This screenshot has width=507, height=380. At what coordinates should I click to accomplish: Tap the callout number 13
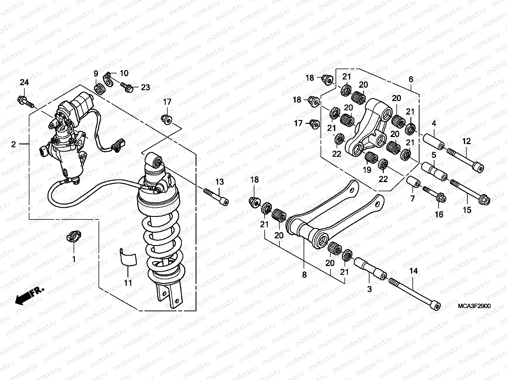coord(220,182)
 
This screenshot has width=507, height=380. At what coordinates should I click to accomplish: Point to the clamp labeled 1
coord(74,237)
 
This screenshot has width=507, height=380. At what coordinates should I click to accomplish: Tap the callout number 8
coord(304,275)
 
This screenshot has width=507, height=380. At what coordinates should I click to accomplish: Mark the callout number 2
coord(13,144)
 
